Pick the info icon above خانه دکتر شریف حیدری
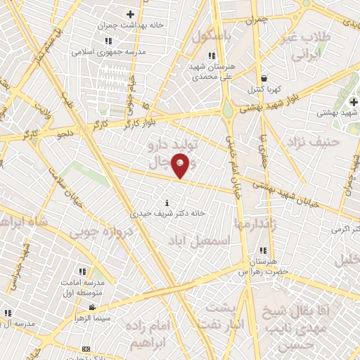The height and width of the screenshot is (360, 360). point(167,202)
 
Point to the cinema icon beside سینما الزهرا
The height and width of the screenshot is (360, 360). point(93,308)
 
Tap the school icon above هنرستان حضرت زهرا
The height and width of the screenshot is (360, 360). point(263,250)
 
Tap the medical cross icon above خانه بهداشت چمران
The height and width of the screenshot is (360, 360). point(130,14)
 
